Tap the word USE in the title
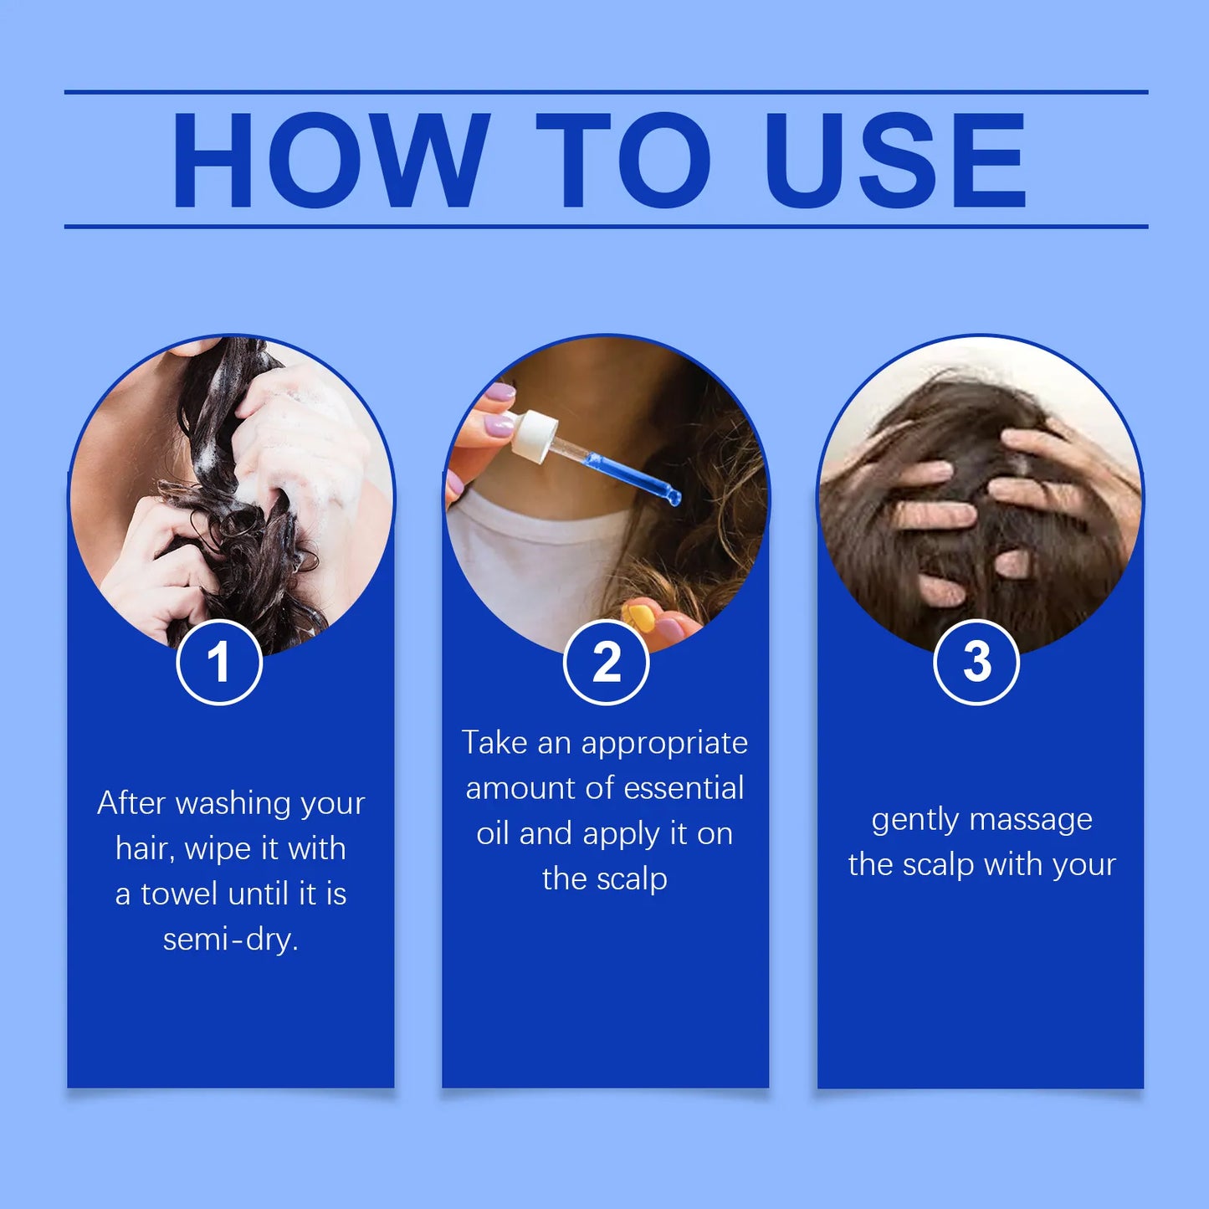[x=894, y=160]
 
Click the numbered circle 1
[x=219, y=662]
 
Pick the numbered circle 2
[x=607, y=662]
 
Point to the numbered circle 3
[x=976, y=662]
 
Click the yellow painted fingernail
[x=641, y=618]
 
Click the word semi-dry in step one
[x=230, y=940]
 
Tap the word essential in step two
[x=684, y=788]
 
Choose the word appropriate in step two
[x=664, y=743]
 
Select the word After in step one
[x=131, y=803]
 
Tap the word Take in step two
[x=494, y=743]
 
